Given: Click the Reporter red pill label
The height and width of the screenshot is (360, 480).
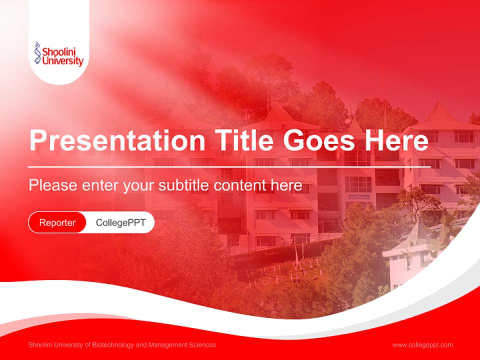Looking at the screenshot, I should (57, 222).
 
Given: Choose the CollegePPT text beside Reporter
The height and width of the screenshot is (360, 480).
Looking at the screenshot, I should (120, 222).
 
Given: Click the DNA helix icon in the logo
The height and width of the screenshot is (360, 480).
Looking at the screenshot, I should (37, 53).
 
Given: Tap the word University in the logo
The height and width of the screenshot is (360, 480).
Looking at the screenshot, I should (62, 61).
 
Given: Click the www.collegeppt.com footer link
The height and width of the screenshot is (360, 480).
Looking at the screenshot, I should (422, 345).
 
